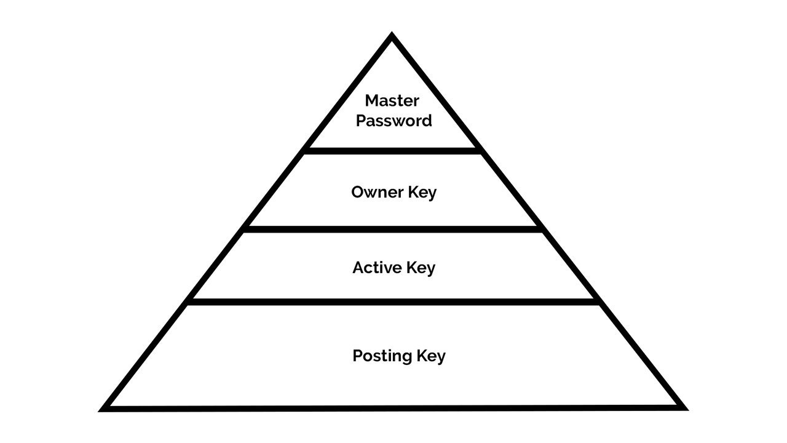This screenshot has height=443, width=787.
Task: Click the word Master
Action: tap(392, 101)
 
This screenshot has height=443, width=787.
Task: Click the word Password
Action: tap(394, 121)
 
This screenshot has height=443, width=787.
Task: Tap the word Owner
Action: tap(378, 193)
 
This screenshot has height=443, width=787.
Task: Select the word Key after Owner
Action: tap(422, 193)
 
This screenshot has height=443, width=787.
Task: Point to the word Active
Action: tap(377, 268)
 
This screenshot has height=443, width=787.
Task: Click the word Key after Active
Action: tap(421, 269)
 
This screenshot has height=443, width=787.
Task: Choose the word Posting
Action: tap(382, 356)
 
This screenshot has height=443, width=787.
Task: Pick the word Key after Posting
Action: tap(431, 356)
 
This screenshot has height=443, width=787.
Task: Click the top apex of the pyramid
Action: tap(392, 33)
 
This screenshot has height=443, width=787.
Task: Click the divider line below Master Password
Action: tap(392, 151)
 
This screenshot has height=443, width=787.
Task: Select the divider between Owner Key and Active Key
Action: tap(393, 229)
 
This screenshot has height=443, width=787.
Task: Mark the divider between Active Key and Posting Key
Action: tap(393, 301)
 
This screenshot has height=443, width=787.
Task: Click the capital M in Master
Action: tap(372, 101)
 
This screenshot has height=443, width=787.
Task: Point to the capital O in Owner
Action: tap(358, 193)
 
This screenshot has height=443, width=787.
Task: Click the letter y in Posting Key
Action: tap(441, 358)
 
